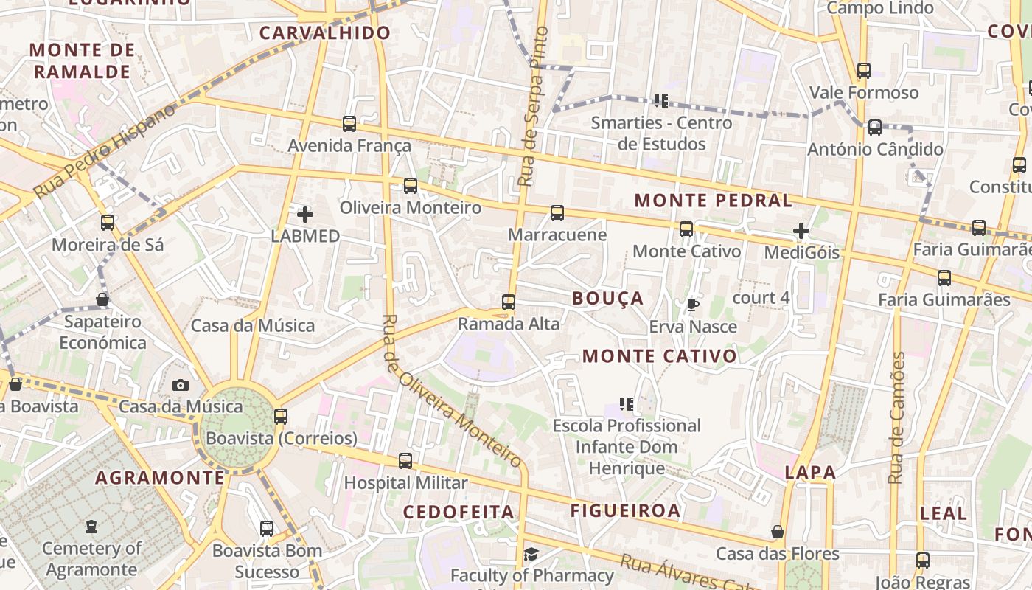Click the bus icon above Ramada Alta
[508, 302]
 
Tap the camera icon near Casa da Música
[180, 385]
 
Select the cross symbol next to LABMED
[304, 215]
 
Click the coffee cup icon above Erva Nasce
[692, 305]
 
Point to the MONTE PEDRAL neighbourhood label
[713, 201]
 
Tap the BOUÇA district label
[608, 298]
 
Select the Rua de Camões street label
[896, 417]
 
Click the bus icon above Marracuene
[557, 213]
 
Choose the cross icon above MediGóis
[801, 231]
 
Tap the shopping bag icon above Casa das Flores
[777, 532]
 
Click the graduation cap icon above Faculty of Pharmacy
[531, 554]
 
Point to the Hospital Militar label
[406, 483]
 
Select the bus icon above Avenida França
[349, 124]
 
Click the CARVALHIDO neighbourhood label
[325, 32]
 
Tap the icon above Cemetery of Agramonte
[91, 527]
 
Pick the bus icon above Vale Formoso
[864, 72]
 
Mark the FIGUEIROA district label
[625, 510]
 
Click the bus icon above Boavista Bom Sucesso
[267, 529]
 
